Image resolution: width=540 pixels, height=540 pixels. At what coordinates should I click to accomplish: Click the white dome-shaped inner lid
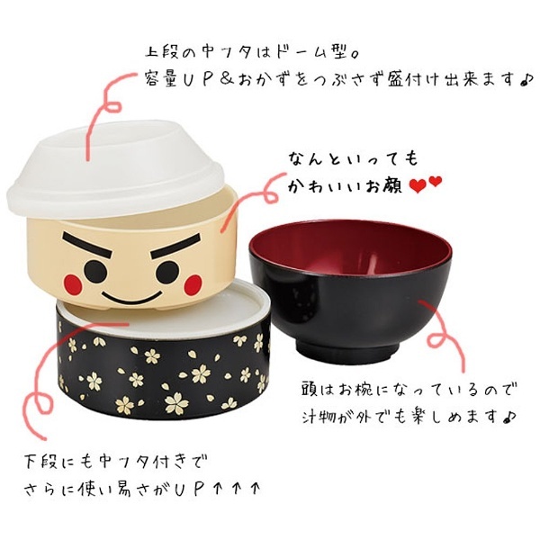pos(115,169)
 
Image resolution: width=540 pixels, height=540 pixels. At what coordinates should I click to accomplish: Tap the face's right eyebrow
pos(175,246)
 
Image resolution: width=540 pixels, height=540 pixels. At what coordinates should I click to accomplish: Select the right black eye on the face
pos(167,272)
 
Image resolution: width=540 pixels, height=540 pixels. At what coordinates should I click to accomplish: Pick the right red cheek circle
pos(193,284)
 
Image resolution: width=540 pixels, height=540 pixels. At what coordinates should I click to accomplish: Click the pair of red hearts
pos(426,184)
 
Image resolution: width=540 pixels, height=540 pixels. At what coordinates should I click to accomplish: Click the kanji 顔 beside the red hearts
pos(393,185)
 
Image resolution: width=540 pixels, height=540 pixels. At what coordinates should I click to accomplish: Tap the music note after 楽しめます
pos(508,417)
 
